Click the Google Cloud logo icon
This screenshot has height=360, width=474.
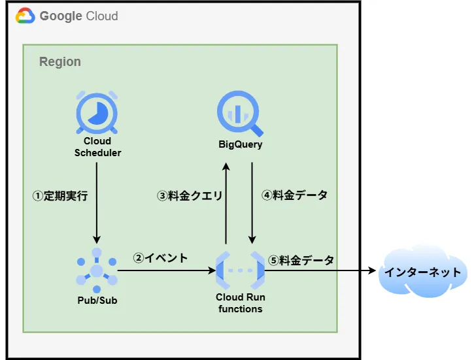(x=25, y=15)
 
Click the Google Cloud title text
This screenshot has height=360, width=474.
(x=79, y=16)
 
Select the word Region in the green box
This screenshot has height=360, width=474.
(x=60, y=62)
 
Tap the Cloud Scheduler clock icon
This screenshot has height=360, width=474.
(x=97, y=112)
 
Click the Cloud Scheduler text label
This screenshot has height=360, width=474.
(x=97, y=147)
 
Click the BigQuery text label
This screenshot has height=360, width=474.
(x=240, y=144)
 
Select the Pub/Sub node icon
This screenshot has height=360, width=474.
(x=97, y=270)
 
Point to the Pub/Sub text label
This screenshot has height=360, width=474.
(x=97, y=301)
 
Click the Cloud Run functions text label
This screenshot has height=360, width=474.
(x=240, y=303)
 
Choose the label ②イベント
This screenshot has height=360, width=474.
(x=160, y=258)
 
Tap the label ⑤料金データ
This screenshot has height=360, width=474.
(x=301, y=260)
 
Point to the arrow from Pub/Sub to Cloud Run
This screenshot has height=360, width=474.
(x=167, y=270)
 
